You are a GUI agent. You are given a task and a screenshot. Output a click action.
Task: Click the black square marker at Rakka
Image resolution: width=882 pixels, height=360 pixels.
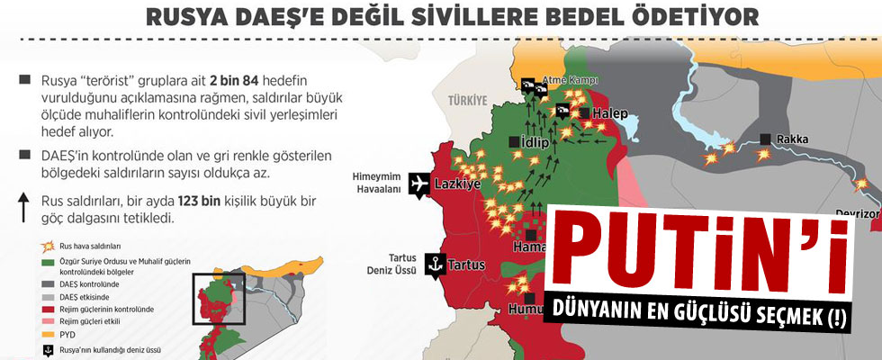click(x=765, y=139)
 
